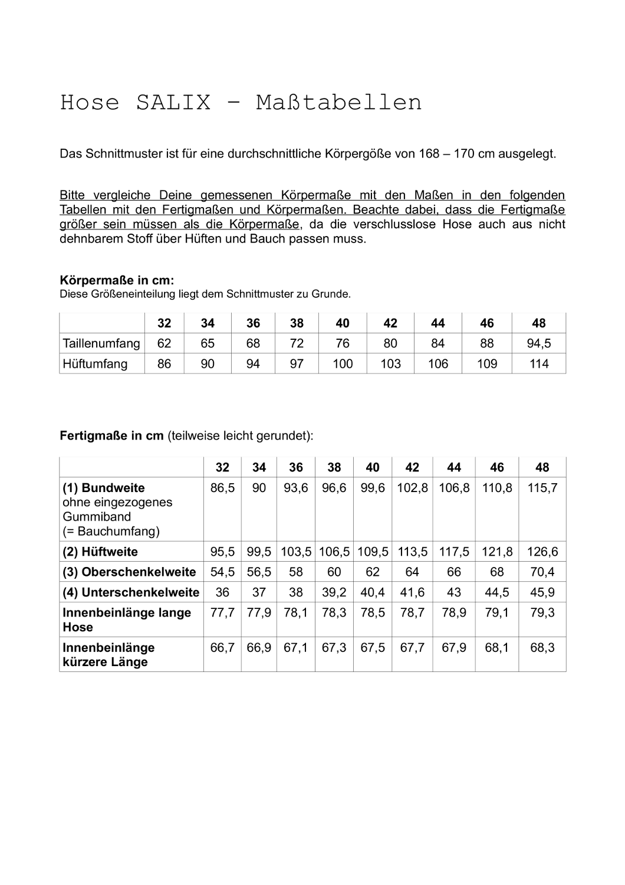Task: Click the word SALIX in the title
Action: (x=173, y=103)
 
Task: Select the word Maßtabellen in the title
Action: (x=339, y=103)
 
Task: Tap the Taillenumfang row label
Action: (x=101, y=343)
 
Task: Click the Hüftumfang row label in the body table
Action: (x=95, y=363)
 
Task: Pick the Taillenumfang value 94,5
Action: (x=539, y=343)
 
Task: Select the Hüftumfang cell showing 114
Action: (x=539, y=363)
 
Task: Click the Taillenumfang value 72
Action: (x=297, y=343)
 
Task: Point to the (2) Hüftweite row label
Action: (x=100, y=552)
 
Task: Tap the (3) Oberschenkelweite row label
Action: (x=129, y=572)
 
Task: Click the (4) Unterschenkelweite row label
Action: (x=131, y=592)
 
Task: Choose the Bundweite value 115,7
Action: (x=542, y=488)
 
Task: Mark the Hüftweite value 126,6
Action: (x=542, y=552)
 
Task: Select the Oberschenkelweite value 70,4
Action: (x=542, y=572)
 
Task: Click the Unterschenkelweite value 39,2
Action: (x=334, y=592)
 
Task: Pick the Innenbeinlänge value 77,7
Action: (x=222, y=612)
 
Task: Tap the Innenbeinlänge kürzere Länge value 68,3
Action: (x=542, y=647)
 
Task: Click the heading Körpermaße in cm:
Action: (x=117, y=280)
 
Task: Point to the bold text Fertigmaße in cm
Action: (x=111, y=436)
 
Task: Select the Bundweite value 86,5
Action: (x=222, y=488)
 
